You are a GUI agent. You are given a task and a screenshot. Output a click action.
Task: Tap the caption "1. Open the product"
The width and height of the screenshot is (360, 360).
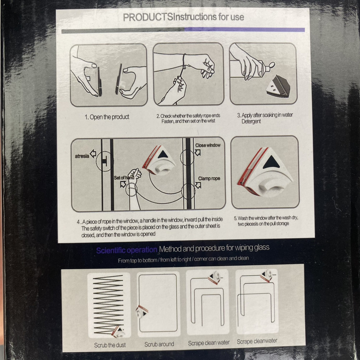tap(107, 117)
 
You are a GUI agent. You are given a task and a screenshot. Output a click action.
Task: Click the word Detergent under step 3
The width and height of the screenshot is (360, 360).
tap(251, 121)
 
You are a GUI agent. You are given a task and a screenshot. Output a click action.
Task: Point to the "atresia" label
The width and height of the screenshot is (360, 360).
tap(82, 156)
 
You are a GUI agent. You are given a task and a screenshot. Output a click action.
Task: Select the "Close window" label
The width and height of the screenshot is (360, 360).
tap(208, 145)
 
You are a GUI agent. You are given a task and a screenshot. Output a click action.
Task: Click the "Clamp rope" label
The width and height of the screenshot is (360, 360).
tap(209, 179)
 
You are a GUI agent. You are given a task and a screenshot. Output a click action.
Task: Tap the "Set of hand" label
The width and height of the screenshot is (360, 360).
tap(124, 178)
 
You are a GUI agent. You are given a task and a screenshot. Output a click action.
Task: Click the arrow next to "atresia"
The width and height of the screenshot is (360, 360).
tap(93, 154)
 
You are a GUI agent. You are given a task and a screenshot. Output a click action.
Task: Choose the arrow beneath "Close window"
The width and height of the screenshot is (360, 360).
tap(197, 152)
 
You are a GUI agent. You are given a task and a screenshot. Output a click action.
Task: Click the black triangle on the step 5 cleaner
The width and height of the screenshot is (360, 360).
tap(271, 162)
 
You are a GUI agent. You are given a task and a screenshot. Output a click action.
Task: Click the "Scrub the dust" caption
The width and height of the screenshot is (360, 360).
tap(110, 345)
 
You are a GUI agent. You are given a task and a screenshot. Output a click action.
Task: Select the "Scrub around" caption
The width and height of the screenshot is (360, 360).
tap(159, 344)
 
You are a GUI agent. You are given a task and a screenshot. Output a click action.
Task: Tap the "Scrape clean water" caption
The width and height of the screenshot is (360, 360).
tap(209, 343)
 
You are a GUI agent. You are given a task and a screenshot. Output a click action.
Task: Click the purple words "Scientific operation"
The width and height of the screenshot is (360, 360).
tap(127, 250)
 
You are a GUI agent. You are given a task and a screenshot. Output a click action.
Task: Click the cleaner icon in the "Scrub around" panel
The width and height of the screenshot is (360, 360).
tap(141, 311)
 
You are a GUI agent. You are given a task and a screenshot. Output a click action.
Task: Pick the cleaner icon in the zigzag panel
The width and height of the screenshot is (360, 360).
tap(118, 332)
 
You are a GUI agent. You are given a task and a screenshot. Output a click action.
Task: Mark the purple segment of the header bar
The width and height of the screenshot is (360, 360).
tap(244, 30)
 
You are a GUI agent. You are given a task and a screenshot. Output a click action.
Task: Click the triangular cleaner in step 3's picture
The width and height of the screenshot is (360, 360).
tap(278, 86)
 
